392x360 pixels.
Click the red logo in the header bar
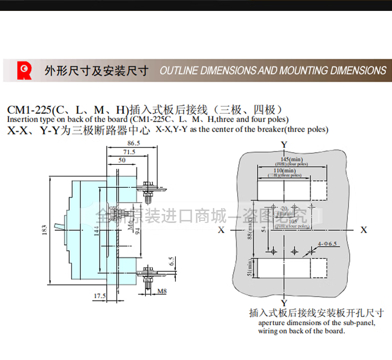[24, 71]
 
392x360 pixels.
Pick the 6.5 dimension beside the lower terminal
[171, 261]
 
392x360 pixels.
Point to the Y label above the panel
[284, 144]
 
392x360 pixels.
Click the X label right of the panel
[364, 230]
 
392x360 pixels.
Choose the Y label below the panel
[284, 303]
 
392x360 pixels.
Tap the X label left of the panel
[221, 230]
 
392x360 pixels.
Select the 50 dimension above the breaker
[122, 160]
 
